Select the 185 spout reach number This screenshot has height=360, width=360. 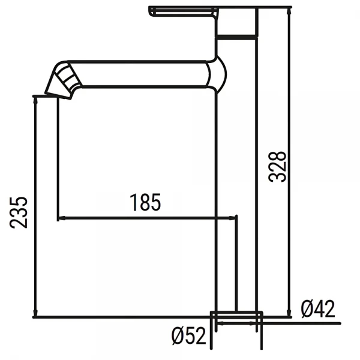(x=146, y=203)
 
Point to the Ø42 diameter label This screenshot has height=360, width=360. (x=318, y=308)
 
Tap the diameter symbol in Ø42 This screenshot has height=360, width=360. (x=307, y=308)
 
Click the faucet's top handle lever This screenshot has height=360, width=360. (x=182, y=12)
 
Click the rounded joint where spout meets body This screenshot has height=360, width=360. (x=218, y=76)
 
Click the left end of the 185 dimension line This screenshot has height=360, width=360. (x=58, y=218)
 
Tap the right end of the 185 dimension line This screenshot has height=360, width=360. (x=238, y=218)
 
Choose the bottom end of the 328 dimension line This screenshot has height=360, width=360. (x=290, y=316)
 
